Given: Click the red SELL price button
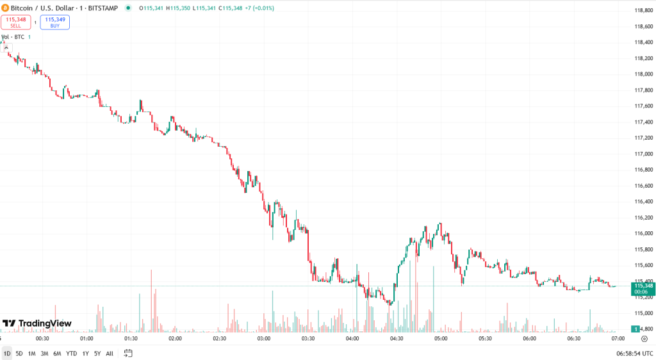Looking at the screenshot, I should [16, 22].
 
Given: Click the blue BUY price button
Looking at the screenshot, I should [54, 22].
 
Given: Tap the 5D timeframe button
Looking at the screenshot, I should [19, 353].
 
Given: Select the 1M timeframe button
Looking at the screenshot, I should [31, 353].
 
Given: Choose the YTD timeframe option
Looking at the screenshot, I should [71, 353].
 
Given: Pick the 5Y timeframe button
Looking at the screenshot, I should [97, 353].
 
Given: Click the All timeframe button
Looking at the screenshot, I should [110, 353].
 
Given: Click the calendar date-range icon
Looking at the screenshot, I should [128, 353].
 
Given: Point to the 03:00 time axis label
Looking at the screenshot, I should [263, 338].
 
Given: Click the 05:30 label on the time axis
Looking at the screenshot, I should [484, 338].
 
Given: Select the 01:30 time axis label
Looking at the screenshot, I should [131, 338].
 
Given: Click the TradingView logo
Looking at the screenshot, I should [37, 323].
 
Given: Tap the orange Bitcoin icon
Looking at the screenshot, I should [4, 8].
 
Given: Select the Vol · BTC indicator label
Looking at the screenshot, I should [13, 37].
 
